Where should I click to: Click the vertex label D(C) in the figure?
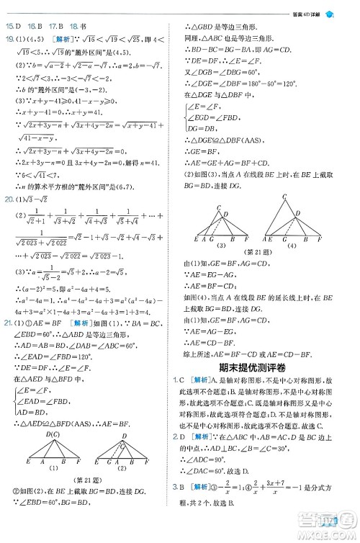tap(53, 454)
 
